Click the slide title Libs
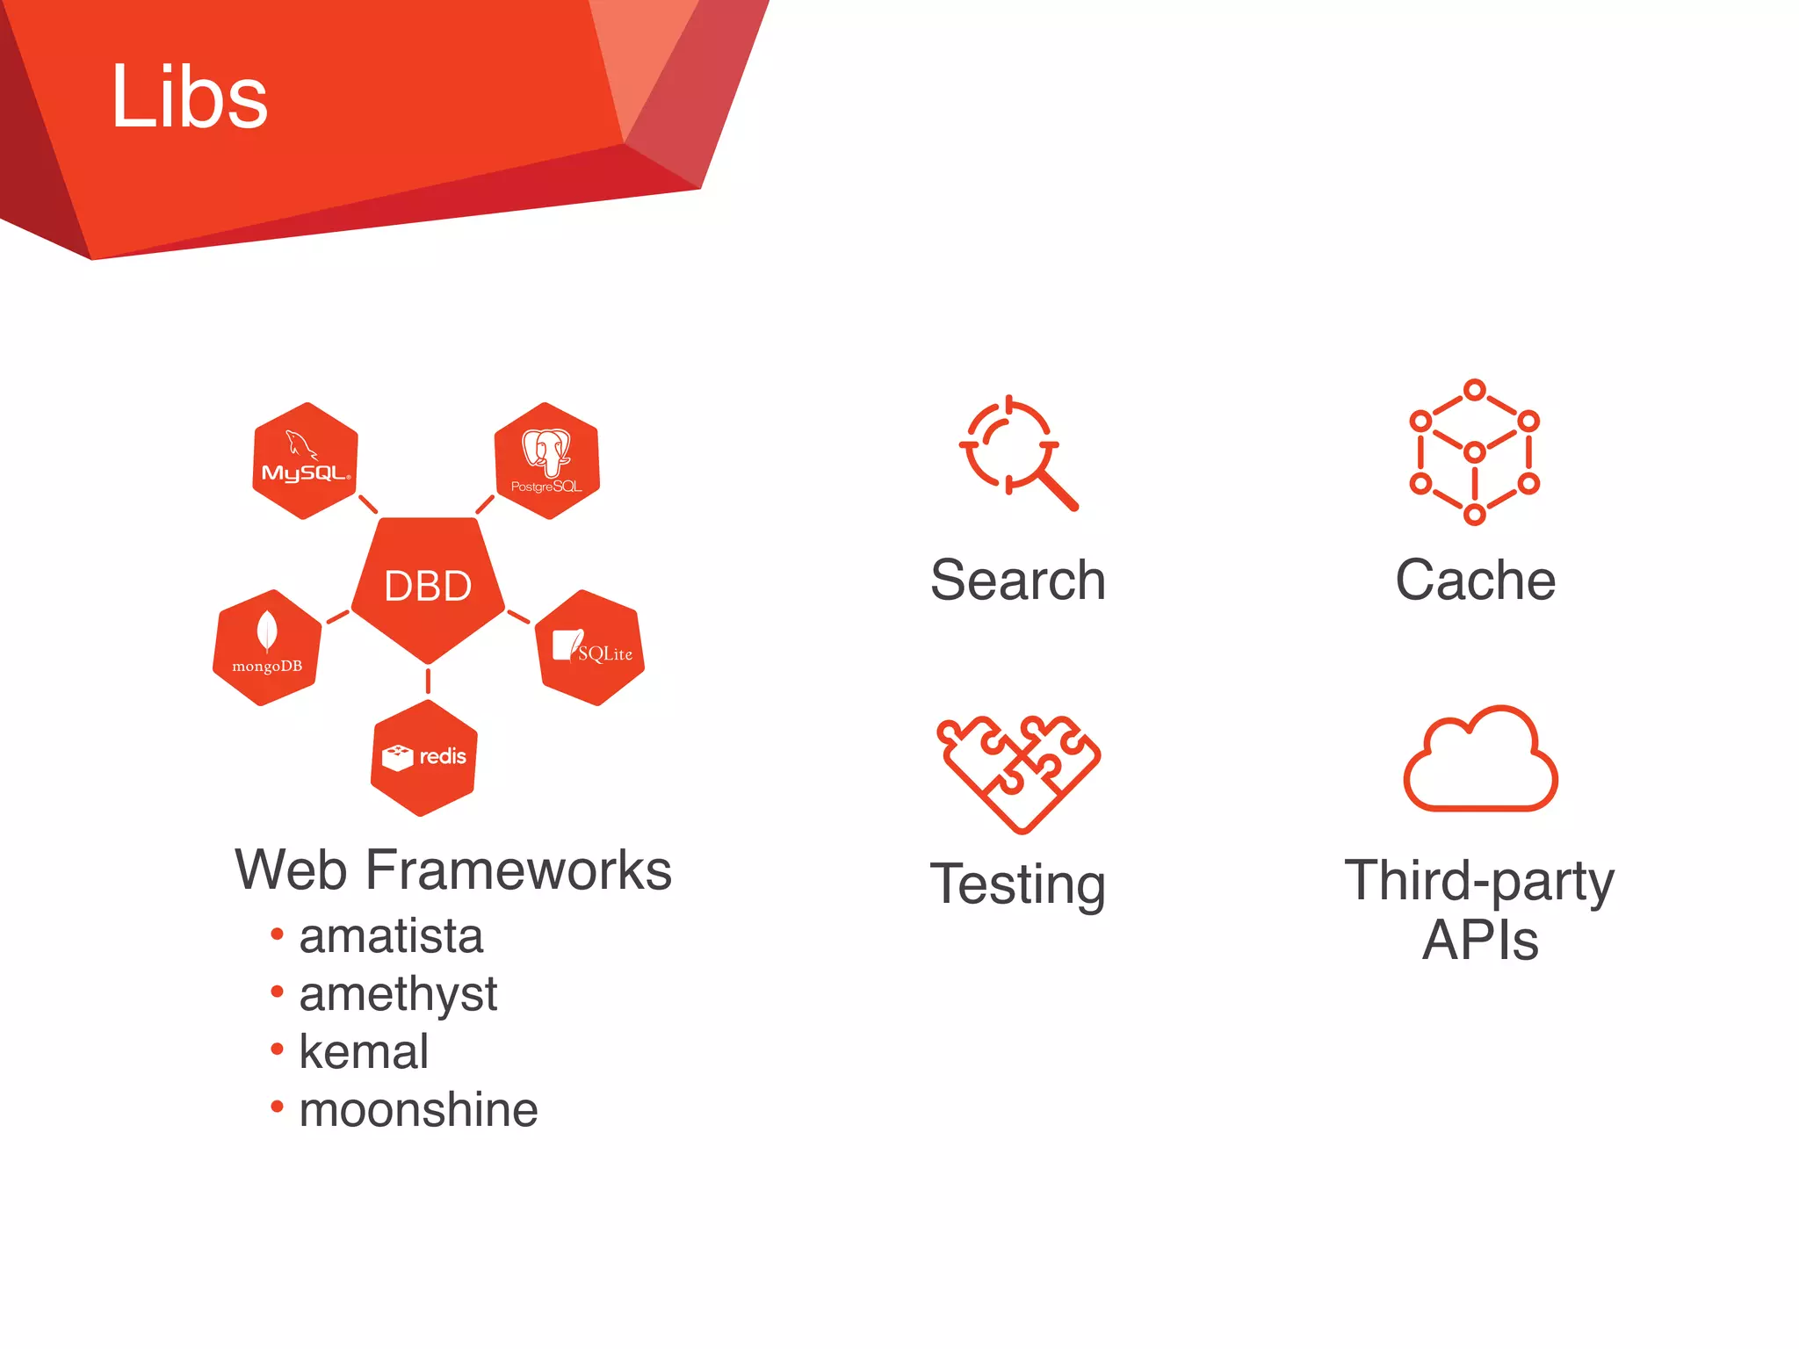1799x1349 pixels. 189,97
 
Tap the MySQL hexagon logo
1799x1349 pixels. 305,461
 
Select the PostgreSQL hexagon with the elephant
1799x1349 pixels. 546,461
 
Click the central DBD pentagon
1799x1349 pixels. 428,586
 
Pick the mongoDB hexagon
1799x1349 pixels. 267,648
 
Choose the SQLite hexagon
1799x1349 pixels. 590,648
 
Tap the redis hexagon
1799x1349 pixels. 424,758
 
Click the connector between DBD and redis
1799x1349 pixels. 428,681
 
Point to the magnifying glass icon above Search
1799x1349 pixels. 1017,451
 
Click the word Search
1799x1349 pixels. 1018,581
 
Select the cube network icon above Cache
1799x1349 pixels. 1475,452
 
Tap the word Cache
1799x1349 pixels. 1476,581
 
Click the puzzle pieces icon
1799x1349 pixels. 1018,773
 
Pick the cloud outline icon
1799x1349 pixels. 1480,760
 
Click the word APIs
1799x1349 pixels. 1480,941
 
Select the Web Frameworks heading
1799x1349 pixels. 453,870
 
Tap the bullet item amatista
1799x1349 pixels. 391,936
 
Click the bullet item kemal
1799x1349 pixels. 364,1052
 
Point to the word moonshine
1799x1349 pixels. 418,1110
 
